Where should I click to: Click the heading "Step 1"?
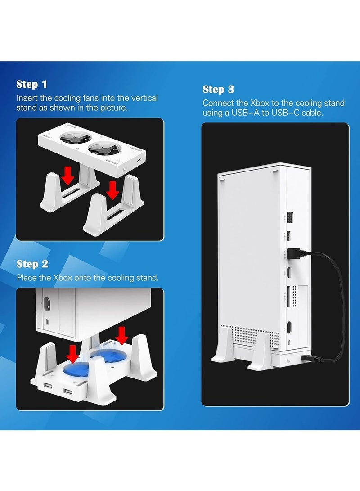31,84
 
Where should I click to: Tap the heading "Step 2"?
32,264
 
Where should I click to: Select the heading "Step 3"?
218,89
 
